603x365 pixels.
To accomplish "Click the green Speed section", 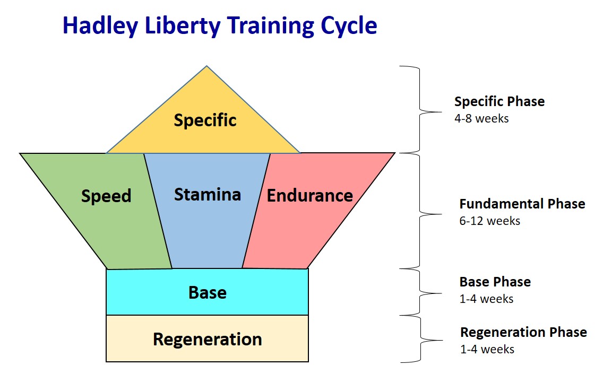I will [106, 212].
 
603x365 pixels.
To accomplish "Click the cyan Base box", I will [208, 292].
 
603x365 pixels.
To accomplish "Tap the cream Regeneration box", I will [208, 339].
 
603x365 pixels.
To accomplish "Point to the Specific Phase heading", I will [499, 101].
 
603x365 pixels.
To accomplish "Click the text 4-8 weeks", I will [481, 118].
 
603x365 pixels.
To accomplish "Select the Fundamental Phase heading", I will [522, 204].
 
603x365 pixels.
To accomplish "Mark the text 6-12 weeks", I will [489, 221].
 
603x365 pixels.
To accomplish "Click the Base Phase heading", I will [495, 282].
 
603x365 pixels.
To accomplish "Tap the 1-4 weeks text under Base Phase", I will [486, 299].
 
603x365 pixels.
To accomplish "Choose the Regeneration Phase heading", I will [523, 332].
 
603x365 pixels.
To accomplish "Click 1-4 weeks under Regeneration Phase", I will [487, 349].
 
